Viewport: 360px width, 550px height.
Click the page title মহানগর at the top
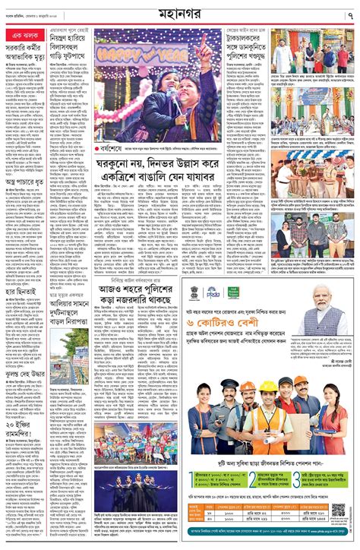(179, 14)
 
